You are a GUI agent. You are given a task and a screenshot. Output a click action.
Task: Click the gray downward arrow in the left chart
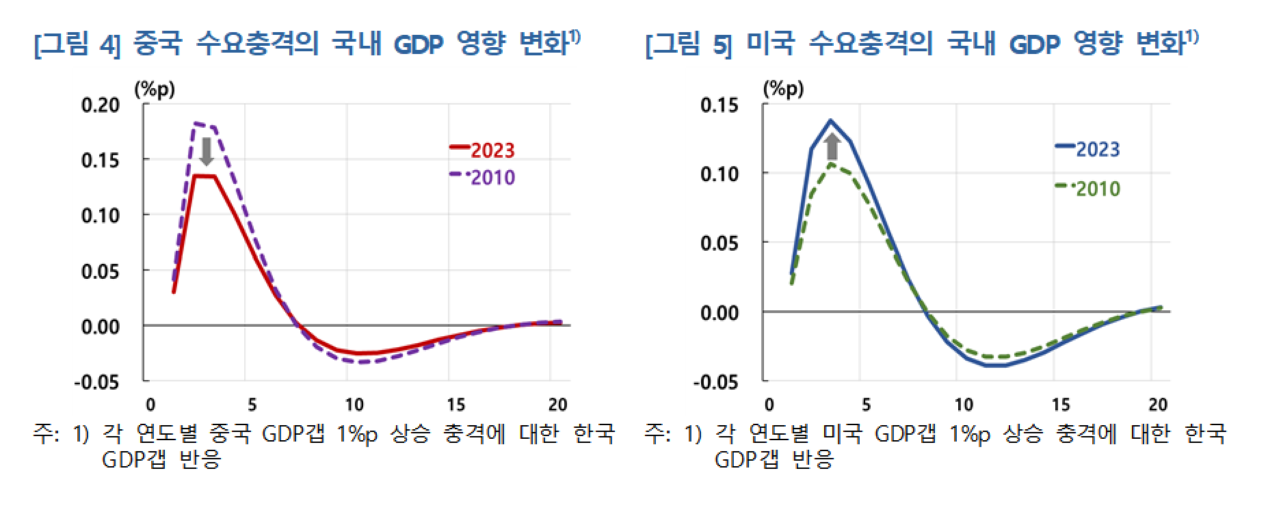tap(206, 151)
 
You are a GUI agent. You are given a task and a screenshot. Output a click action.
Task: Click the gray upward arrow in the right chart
tap(832, 146)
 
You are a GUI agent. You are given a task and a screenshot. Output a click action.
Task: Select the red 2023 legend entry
tap(483, 150)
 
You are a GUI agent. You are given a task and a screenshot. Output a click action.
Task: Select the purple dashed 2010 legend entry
tap(483, 177)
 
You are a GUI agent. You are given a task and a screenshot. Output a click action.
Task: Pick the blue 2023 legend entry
tap(1088, 149)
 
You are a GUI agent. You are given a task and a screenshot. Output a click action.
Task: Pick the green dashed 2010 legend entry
tap(1088, 188)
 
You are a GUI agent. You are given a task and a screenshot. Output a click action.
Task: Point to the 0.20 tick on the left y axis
tap(100, 105)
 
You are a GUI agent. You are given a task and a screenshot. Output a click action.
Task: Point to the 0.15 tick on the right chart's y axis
tap(719, 105)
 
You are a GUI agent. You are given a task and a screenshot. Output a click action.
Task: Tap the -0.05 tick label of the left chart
tap(96, 382)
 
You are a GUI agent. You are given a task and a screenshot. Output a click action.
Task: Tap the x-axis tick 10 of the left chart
tap(354, 405)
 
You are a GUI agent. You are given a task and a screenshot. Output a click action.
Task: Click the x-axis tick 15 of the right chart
tap(1060, 405)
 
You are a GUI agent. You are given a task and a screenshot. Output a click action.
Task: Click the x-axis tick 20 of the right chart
tap(1157, 405)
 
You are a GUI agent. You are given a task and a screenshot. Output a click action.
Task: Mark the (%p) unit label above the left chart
tap(155, 89)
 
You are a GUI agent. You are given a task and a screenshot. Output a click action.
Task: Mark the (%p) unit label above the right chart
tap(784, 88)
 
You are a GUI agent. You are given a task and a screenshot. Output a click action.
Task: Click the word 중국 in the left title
tap(157, 43)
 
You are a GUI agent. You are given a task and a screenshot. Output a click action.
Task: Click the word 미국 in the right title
tap(770, 43)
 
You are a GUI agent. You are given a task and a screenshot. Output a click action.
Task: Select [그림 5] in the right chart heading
tap(688, 44)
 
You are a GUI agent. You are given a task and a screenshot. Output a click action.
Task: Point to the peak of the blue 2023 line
tap(831, 121)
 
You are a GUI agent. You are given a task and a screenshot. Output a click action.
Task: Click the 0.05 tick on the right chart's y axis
tap(719, 243)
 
